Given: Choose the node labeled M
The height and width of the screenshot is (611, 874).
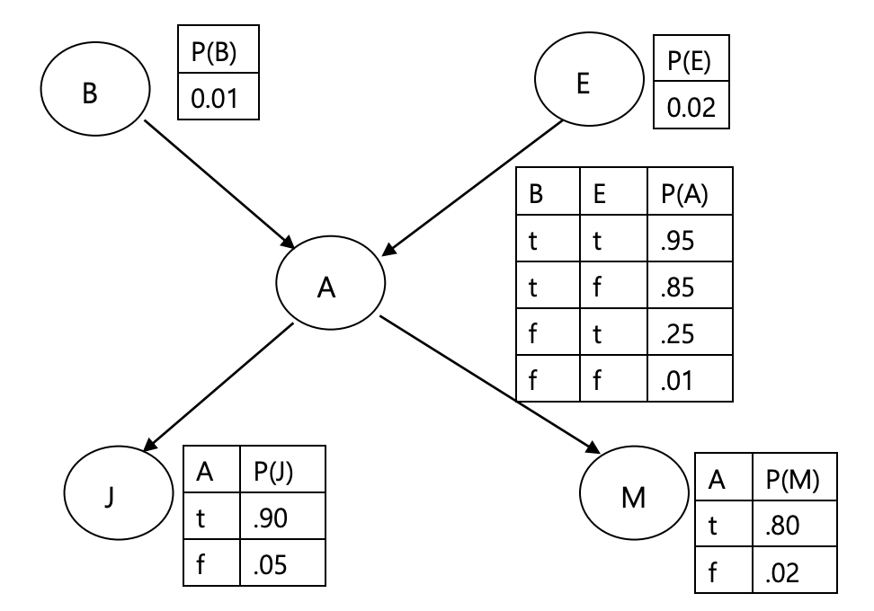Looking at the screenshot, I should [x=634, y=496].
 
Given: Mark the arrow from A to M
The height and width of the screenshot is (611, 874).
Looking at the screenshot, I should [x=490, y=384].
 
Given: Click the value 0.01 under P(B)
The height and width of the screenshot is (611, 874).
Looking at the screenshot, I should [x=218, y=97].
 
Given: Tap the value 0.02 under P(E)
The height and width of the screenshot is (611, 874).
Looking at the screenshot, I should [x=690, y=107].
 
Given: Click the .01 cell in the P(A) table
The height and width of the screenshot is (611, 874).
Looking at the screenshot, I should [x=689, y=381].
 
